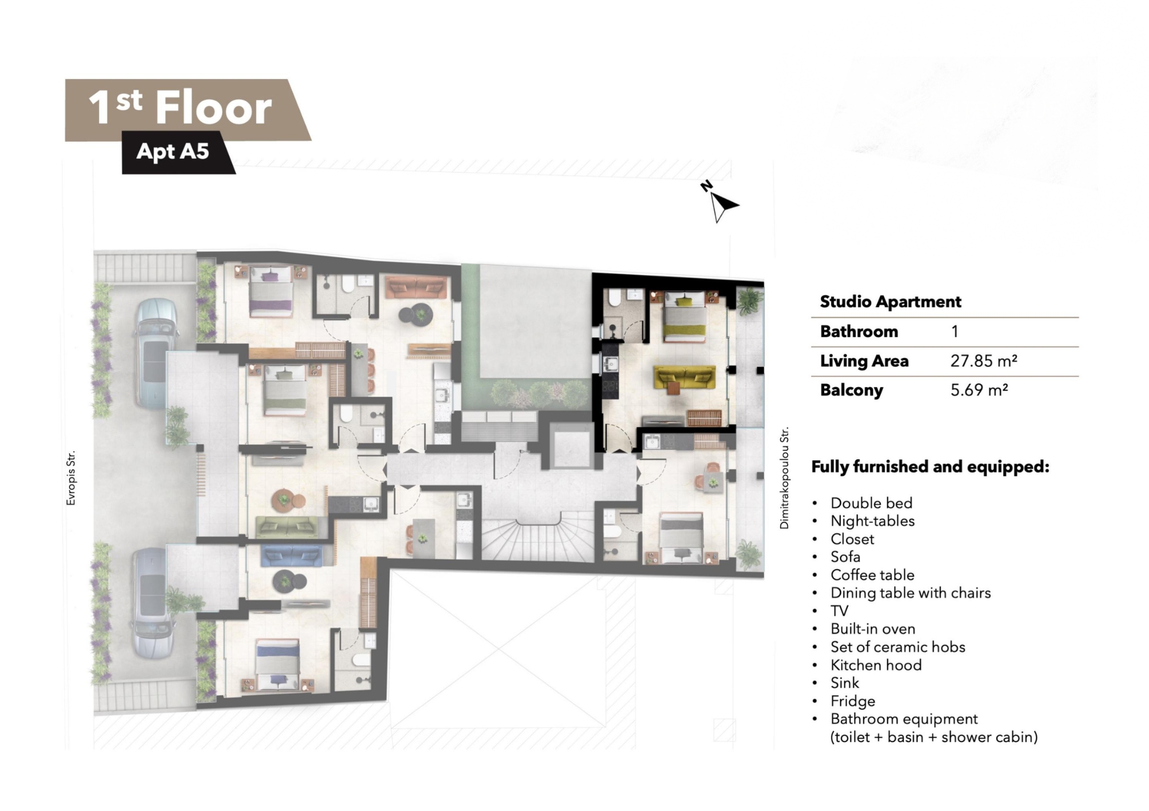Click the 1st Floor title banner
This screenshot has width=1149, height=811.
click(188, 110)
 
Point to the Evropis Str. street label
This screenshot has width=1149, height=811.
click(71, 478)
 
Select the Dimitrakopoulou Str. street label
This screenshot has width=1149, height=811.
click(784, 478)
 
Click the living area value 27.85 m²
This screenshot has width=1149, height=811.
click(984, 361)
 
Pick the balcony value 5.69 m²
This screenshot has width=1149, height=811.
click(979, 390)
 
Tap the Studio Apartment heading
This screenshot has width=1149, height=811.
click(890, 302)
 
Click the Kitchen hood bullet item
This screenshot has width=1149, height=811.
click(876, 665)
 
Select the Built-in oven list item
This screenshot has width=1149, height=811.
click(872, 629)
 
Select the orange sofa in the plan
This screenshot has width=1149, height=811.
click(415, 287)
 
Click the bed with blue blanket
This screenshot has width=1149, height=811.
click(278, 664)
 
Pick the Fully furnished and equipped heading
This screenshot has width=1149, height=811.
click(930, 467)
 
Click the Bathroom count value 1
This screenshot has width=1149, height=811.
click(954, 332)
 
